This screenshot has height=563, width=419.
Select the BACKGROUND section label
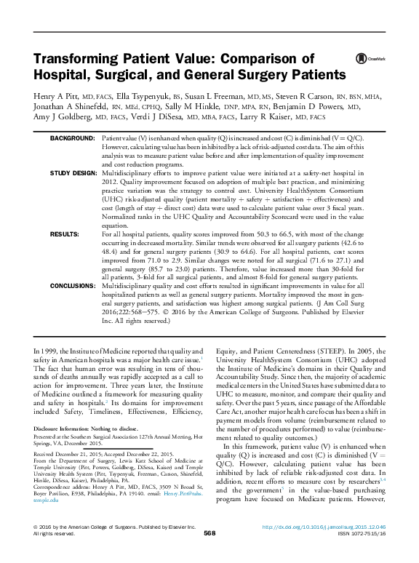[72, 138]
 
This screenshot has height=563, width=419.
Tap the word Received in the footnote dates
[45, 453]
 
